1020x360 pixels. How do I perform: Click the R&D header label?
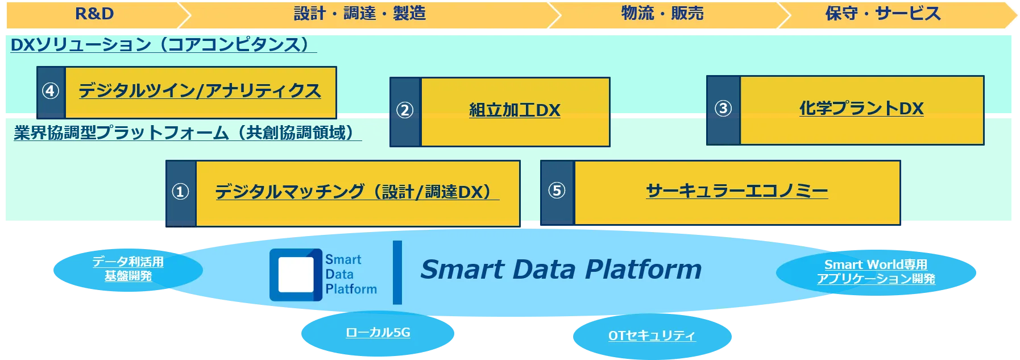(94, 14)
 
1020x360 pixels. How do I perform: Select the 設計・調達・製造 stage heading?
(360, 14)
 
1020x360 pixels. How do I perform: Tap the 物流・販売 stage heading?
(662, 14)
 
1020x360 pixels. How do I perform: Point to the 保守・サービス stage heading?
(883, 14)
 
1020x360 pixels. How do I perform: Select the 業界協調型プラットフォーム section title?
(186, 133)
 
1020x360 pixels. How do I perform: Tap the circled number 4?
(51, 91)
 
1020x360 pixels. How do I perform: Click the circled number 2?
(405, 110)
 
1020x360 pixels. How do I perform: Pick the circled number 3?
(723, 108)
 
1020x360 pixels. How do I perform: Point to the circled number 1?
(180, 192)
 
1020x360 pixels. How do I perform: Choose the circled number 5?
(557, 191)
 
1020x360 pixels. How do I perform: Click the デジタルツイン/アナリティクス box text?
(200, 91)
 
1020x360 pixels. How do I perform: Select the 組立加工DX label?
(515, 110)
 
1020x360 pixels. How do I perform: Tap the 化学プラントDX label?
(861, 108)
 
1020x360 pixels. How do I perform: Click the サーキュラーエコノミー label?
(737, 191)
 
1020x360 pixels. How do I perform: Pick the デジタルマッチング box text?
(356, 192)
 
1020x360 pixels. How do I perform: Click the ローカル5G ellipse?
(378, 333)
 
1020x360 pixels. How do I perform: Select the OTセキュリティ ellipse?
(652, 336)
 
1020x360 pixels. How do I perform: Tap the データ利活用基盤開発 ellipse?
(128, 269)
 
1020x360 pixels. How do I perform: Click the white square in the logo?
(296, 275)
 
